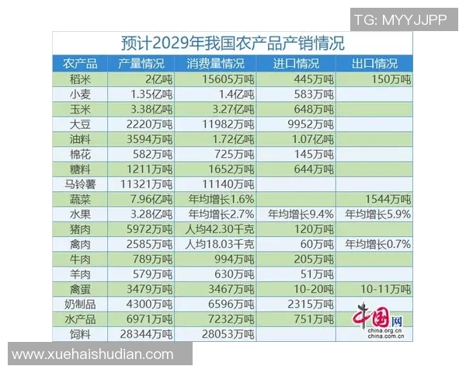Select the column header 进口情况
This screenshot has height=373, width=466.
click(x=296, y=64)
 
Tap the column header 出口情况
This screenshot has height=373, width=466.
click(x=374, y=64)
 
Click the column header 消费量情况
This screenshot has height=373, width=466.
click(x=215, y=64)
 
